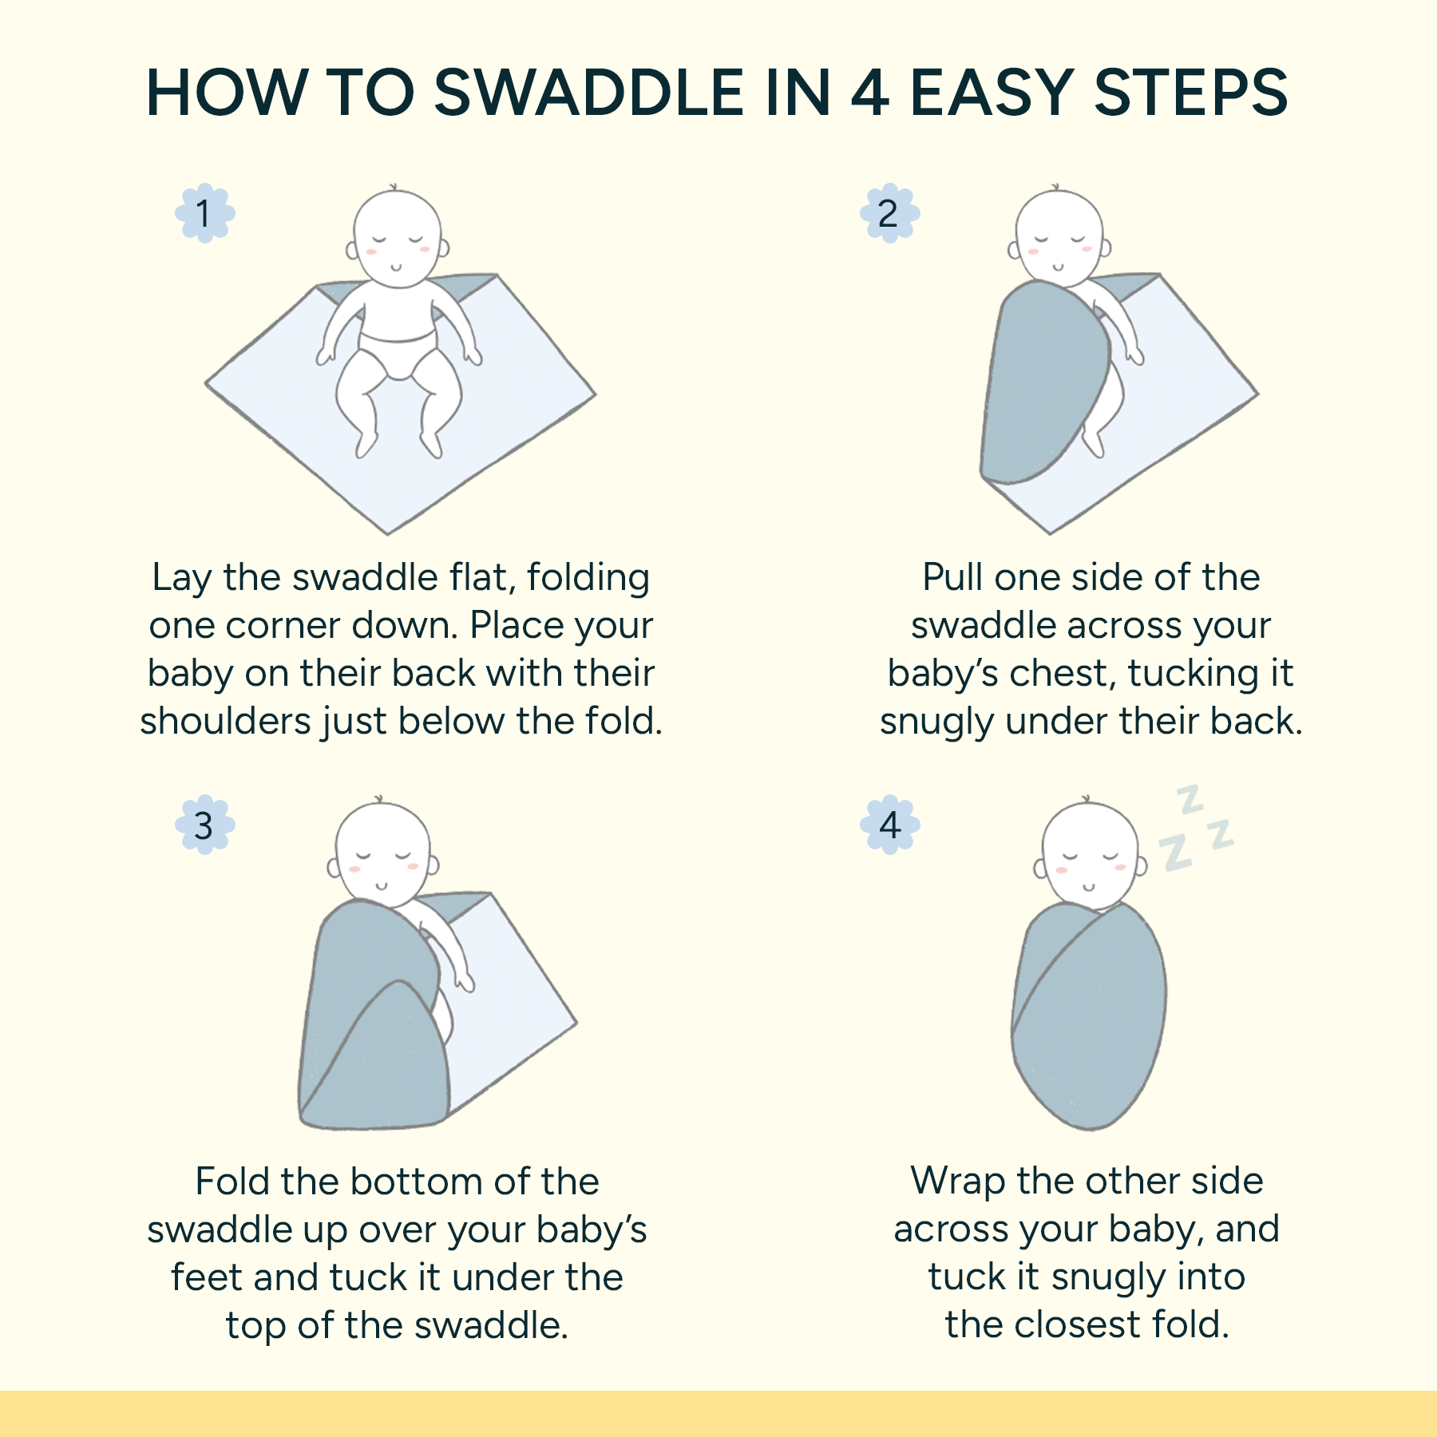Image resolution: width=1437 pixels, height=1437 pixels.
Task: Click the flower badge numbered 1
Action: pos(204,213)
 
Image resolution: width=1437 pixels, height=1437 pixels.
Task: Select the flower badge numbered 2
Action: pos(889,213)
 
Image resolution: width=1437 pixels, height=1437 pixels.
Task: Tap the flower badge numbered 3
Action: pos(204,825)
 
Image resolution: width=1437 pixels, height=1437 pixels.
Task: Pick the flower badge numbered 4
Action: pos(889,825)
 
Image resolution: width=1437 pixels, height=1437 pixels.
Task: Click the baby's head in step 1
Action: pos(397,236)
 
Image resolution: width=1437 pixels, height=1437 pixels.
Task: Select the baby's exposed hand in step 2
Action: pos(1134,354)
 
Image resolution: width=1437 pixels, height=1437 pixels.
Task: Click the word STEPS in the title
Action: pos(1190,93)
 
